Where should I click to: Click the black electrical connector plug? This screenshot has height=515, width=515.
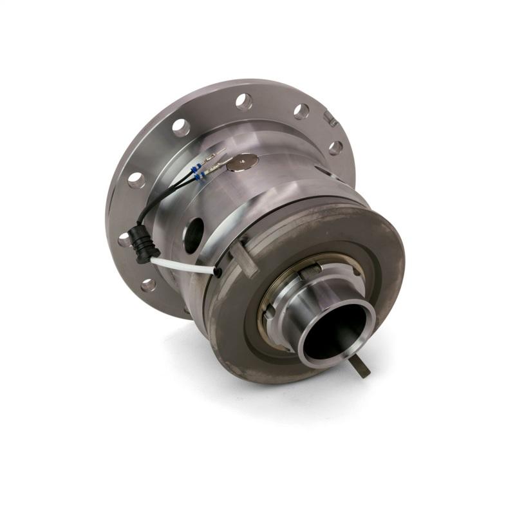[143, 243]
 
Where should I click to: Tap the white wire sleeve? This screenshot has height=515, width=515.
[187, 265]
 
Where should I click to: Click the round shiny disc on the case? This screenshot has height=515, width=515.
[243, 162]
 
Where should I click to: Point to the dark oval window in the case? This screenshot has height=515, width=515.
[194, 235]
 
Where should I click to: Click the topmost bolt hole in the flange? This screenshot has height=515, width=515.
[244, 102]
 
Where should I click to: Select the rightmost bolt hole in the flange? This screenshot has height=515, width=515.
[335, 148]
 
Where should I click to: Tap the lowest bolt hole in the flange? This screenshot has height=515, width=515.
[149, 285]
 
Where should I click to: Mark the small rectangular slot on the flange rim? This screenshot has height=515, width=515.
[331, 118]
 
